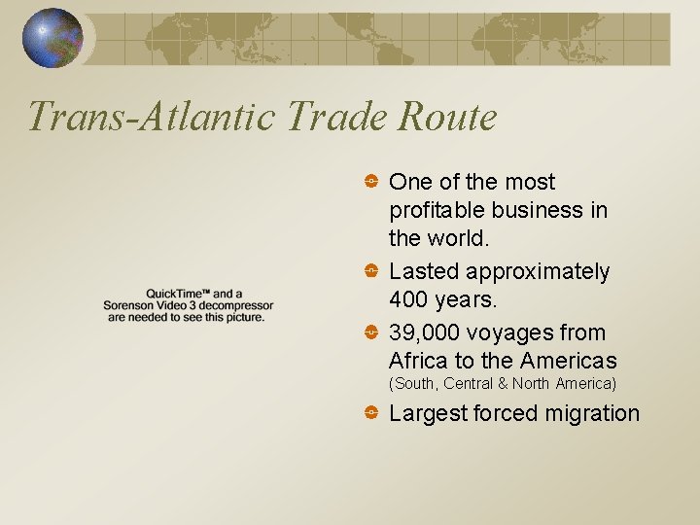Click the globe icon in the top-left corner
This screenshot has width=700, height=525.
click(x=53, y=38)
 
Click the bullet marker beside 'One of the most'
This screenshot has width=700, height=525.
click(x=371, y=182)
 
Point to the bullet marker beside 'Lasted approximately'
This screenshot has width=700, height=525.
click(x=371, y=271)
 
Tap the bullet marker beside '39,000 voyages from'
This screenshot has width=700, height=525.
click(x=371, y=332)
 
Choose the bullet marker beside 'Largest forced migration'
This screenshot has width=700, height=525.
click(x=371, y=413)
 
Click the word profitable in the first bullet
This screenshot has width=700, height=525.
click(x=435, y=211)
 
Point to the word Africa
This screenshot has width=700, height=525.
click(x=418, y=362)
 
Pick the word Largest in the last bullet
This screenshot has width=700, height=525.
click(x=428, y=413)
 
